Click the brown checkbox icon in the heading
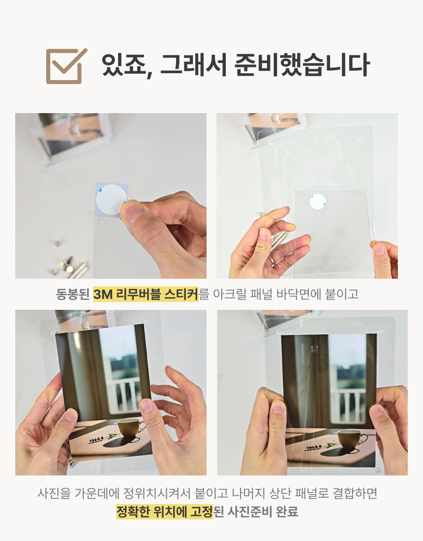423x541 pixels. [65, 66]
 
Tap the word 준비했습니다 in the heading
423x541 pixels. [302, 65]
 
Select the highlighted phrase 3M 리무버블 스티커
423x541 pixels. [146, 294]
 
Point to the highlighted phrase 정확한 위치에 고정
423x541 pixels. [165, 511]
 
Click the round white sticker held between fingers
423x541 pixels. [110, 199]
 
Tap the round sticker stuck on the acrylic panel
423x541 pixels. [318, 202]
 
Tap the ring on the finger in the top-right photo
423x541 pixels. [272, 260]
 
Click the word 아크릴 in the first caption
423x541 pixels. [229, 294]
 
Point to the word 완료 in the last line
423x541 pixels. [287, 511]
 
